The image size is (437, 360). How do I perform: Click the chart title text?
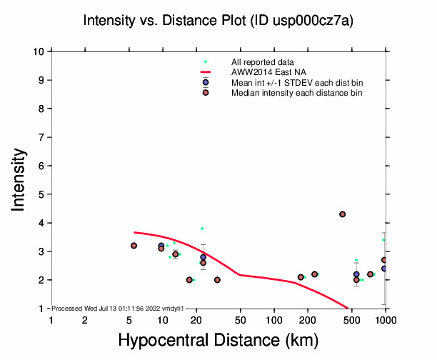point(218,21)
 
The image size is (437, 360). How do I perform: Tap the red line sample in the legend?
point(206,72)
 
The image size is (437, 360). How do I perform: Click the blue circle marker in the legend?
point(206,83)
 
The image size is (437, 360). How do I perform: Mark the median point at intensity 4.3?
point(343,214)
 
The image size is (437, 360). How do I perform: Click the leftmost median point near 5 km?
point(134,246)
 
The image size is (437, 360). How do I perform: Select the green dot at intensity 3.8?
point(202,229)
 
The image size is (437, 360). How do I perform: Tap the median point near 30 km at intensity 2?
point(217,280)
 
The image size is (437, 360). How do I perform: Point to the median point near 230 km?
point(315,274)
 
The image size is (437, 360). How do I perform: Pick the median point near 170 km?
point(301,277)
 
